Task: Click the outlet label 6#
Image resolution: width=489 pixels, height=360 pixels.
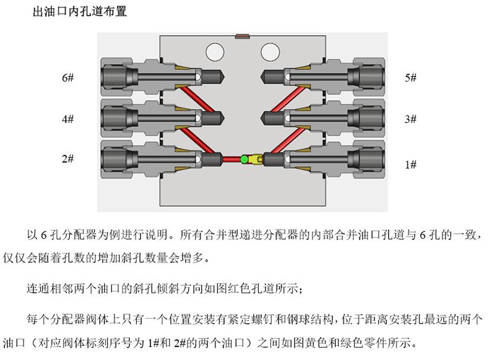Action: tap(67, 77)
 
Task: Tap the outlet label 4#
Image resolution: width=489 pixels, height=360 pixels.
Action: tap(67, 119)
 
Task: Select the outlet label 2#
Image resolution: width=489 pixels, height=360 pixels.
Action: tap(67, 158)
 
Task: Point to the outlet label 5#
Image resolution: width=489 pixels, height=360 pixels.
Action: tap(411, 77)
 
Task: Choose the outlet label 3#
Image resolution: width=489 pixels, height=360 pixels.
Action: tap(411, 119)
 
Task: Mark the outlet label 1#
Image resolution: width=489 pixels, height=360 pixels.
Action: tap(411, 165)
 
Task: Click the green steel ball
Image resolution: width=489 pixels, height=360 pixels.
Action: tap(244, 160)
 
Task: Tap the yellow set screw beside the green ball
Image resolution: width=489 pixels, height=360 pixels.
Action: tap(256, 159)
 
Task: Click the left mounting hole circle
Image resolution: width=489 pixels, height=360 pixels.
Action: tap(215, 52)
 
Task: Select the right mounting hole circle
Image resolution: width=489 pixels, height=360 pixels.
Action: tap(270, 52)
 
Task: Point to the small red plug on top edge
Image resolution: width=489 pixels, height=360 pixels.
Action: tap(242, 36)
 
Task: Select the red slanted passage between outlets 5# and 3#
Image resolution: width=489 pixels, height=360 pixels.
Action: tap(288, 99)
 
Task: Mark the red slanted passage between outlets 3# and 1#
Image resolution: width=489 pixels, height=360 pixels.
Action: tap(288, 140)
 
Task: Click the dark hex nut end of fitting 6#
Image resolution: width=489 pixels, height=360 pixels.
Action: tap(115, 77)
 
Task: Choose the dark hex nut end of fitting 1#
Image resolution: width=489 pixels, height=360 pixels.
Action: tap(371, 159)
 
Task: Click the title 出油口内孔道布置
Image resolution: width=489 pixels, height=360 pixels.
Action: tap(80, 12)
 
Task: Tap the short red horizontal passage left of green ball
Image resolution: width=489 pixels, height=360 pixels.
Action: tap(232, 160)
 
